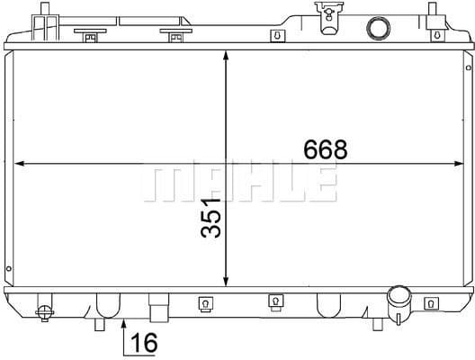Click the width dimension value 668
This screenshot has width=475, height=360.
coord(326,149)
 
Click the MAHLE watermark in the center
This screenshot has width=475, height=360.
coord(238,183)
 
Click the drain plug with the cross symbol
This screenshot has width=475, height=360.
coord(45,311)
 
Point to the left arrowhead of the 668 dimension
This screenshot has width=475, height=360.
coord(22,164)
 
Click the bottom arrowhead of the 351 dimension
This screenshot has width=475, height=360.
coord(226,282)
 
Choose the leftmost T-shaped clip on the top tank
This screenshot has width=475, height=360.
coord(90,36)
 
